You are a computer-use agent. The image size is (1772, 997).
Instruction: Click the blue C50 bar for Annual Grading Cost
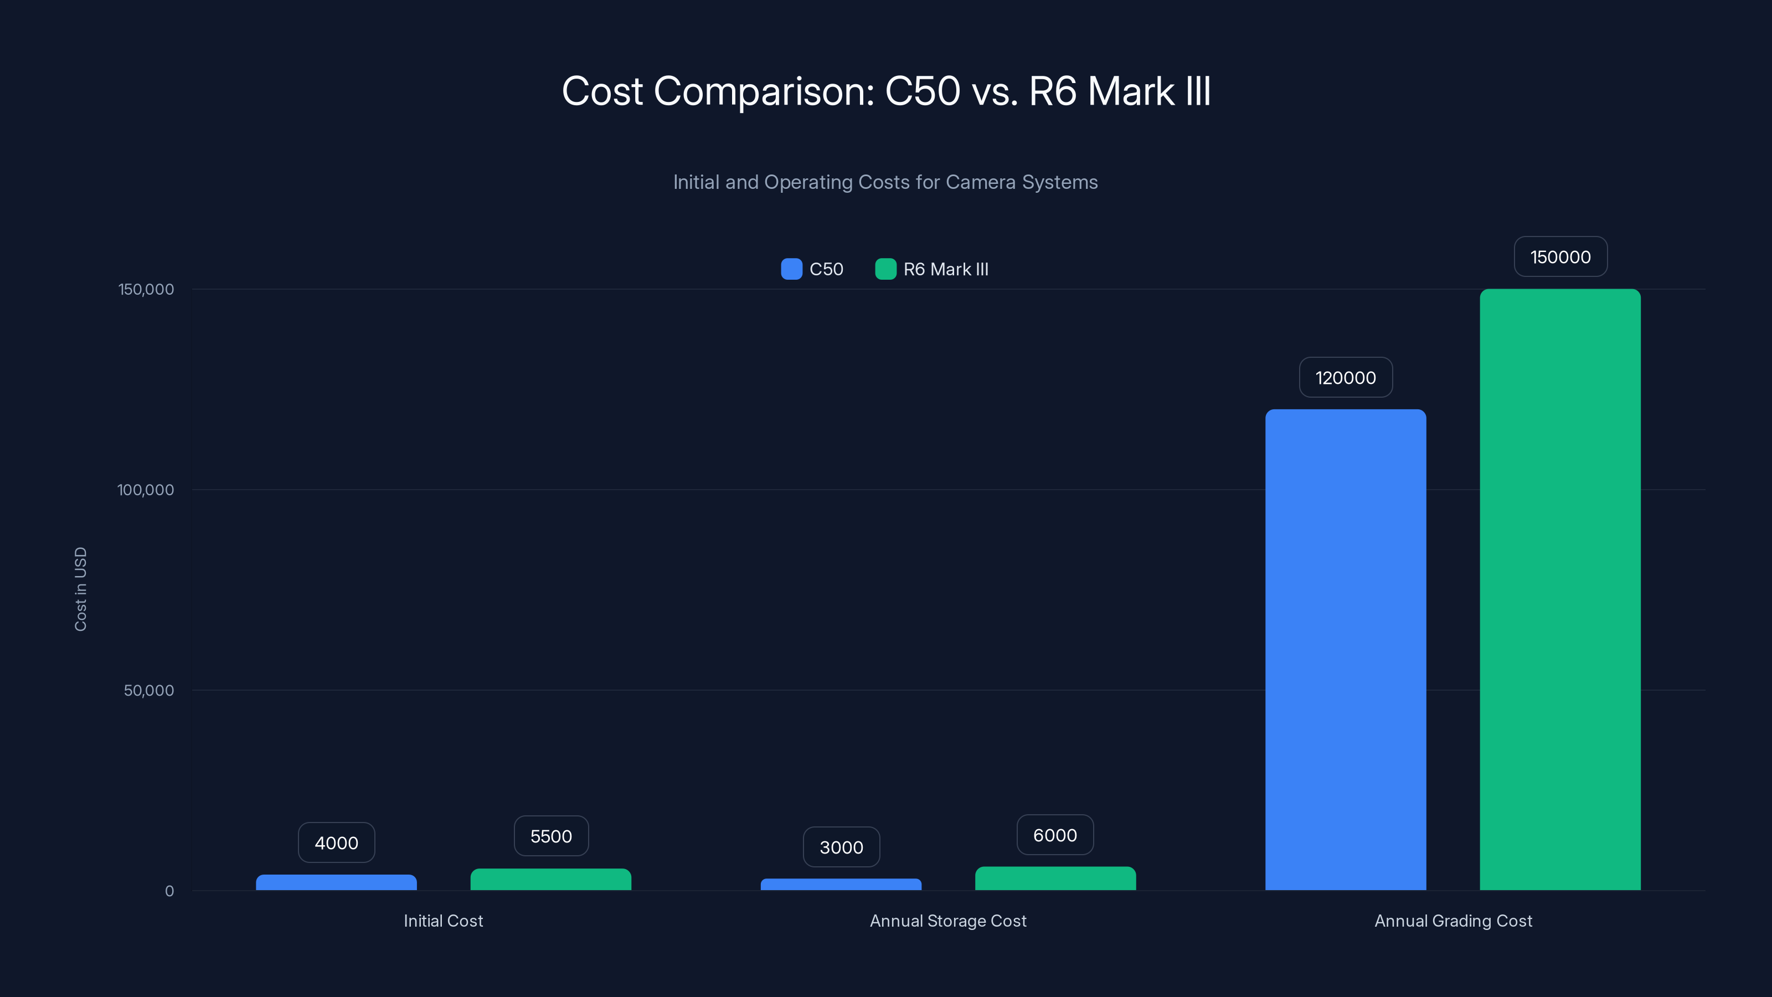[1346, 650]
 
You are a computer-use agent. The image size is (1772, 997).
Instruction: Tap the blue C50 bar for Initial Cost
[336, 882]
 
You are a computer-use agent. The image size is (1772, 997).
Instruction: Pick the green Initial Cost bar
[550, 880]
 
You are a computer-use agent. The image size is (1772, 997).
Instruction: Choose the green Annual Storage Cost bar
[1055, 878]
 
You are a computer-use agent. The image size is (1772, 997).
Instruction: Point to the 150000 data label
[1560, 256]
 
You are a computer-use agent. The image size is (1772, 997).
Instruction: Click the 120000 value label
[1346, 377]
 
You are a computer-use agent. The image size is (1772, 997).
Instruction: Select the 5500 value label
[551, 836]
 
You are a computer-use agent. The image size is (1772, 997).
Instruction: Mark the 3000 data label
[841, 847]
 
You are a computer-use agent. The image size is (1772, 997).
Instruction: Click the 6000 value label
[1055, 835]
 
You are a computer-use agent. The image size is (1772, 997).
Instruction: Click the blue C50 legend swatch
[791, 269]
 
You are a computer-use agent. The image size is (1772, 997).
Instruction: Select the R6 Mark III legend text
[945, 269]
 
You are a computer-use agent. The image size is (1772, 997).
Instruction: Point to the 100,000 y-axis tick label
[145, 489]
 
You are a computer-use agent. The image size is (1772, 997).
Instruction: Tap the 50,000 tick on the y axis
[148, 690]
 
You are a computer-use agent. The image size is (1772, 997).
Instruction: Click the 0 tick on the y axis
[169, 891]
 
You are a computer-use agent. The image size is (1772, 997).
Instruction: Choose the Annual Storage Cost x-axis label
[948, 921]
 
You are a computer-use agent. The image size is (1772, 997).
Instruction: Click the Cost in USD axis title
[80, 589]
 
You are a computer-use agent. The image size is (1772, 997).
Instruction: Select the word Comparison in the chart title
[764, 91]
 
